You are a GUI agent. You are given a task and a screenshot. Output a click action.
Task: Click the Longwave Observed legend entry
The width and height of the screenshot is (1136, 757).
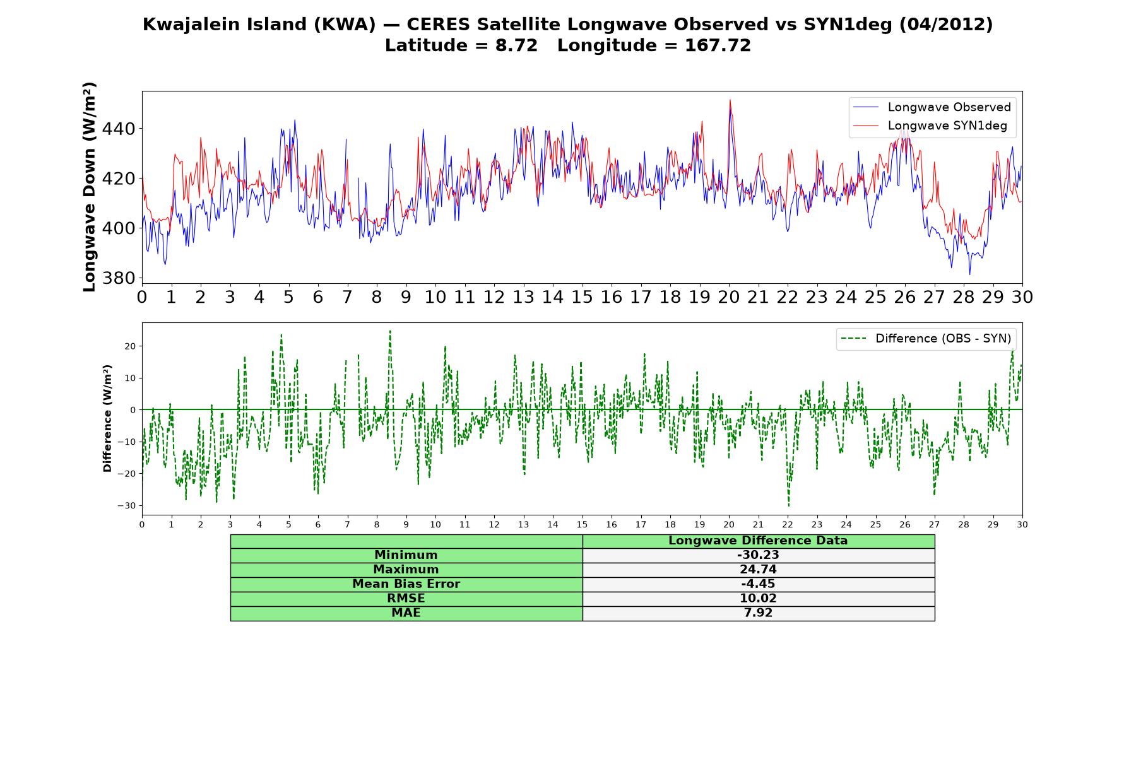932,107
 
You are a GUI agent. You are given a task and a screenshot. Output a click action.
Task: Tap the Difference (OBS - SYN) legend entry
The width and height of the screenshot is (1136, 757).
925,339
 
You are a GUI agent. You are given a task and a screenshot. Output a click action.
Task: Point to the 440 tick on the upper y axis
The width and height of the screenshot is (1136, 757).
122,129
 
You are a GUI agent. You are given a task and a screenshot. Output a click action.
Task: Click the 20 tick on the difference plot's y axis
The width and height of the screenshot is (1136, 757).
131,346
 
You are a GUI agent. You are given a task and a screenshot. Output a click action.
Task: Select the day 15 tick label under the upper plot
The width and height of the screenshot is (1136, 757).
582,297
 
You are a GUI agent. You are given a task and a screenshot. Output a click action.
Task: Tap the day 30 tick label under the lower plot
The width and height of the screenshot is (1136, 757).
1022,524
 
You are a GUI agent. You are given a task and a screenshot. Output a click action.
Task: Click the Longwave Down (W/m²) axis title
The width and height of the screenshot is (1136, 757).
90,187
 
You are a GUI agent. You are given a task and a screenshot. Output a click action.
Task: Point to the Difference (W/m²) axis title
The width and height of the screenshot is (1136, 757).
107,418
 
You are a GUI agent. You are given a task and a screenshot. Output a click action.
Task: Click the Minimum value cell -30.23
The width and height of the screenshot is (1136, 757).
758,555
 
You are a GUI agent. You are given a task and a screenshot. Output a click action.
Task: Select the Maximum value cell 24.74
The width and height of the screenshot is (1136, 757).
758,570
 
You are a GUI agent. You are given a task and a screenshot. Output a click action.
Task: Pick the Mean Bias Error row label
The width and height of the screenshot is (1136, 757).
406,584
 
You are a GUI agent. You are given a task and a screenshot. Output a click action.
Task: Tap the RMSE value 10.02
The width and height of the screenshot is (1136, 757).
758,599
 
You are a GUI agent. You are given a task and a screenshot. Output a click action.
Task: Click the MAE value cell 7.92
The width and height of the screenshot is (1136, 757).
758,613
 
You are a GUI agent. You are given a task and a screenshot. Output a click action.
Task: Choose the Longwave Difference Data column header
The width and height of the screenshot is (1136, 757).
758,541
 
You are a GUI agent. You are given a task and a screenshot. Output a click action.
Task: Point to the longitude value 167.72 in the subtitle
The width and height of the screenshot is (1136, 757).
718,45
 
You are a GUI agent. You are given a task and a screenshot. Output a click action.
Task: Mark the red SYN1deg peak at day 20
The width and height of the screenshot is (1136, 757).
730,100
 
